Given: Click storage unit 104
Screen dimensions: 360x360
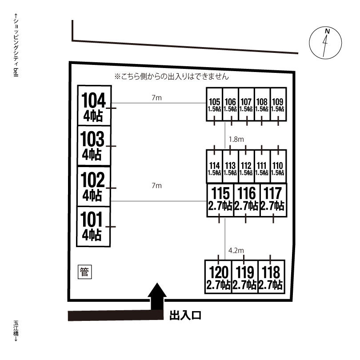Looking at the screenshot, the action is [94, 106].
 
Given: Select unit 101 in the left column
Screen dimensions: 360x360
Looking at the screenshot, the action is [93, 227].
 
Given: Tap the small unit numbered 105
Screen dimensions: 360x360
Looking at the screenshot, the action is [214, 104].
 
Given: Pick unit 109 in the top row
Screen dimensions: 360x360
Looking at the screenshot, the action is [278, 104].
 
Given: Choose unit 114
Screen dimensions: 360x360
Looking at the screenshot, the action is [214, 167].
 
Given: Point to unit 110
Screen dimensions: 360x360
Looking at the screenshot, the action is [278, 167].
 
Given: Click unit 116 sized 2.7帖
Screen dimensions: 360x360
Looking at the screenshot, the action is [247, 200].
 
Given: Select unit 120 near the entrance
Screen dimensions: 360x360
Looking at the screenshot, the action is [218, 277].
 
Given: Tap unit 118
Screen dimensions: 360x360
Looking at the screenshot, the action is [272, 277].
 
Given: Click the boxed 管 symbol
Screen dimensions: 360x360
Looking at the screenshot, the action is [85, 272].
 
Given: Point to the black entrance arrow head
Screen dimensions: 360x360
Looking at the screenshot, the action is [157, 290].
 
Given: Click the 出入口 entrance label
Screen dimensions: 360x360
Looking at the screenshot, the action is [185, 315].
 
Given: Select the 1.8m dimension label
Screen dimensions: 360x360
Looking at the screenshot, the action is [236, 140].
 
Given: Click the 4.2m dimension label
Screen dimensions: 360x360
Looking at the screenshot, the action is [236, 250].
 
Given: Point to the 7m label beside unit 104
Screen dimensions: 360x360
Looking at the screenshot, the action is [156, 98].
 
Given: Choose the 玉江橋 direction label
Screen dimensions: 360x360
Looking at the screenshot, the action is [16, 331].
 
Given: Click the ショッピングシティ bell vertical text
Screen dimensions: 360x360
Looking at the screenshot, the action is [16, 45].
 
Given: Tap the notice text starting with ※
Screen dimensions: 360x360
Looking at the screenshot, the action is [172, 76].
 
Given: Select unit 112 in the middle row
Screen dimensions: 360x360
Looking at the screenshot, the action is [246, 167].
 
